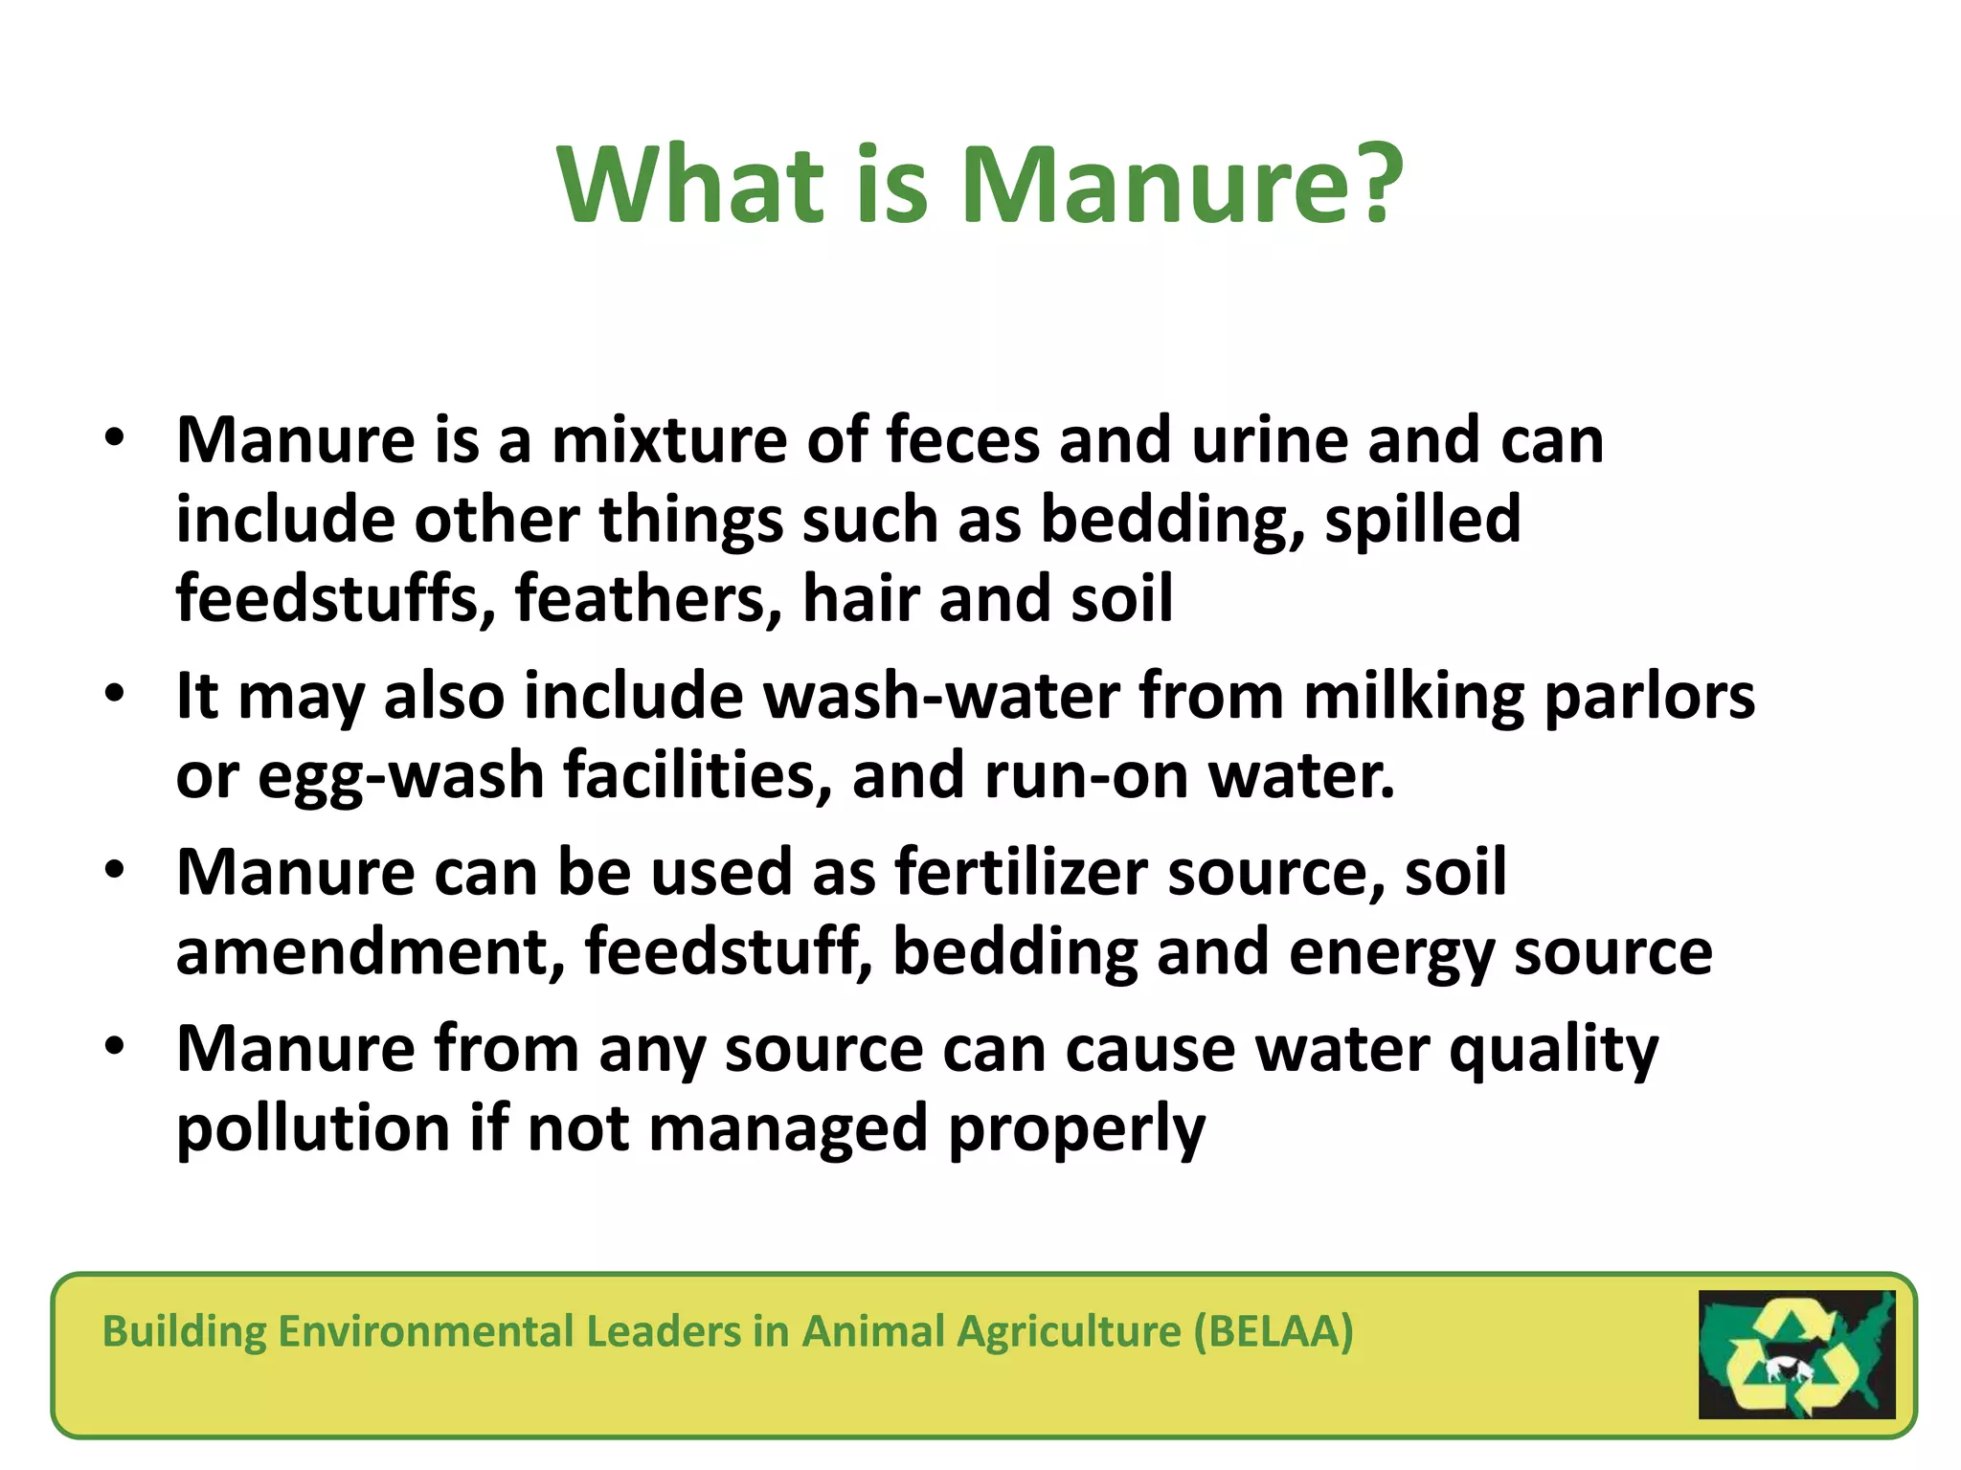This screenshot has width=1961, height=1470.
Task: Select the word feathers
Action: pos(648,598)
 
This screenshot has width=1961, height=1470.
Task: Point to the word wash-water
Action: pos(941,696)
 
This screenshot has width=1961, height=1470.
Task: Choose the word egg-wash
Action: pos(401,775)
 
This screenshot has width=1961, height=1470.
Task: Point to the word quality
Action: pos(1553,1051)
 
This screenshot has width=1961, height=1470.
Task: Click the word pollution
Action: pos(313,1129)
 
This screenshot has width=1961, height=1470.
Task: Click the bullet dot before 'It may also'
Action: pos(115,693)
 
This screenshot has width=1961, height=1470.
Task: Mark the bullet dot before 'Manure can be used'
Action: pos(115,870)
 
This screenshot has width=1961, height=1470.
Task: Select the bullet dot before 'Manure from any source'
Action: pos(115,1047)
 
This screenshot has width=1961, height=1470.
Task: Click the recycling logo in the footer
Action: pos(1796,1354)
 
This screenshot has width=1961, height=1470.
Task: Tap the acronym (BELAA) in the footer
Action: pos(1274,1331)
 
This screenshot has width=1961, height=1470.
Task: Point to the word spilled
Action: pos(1423,520)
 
